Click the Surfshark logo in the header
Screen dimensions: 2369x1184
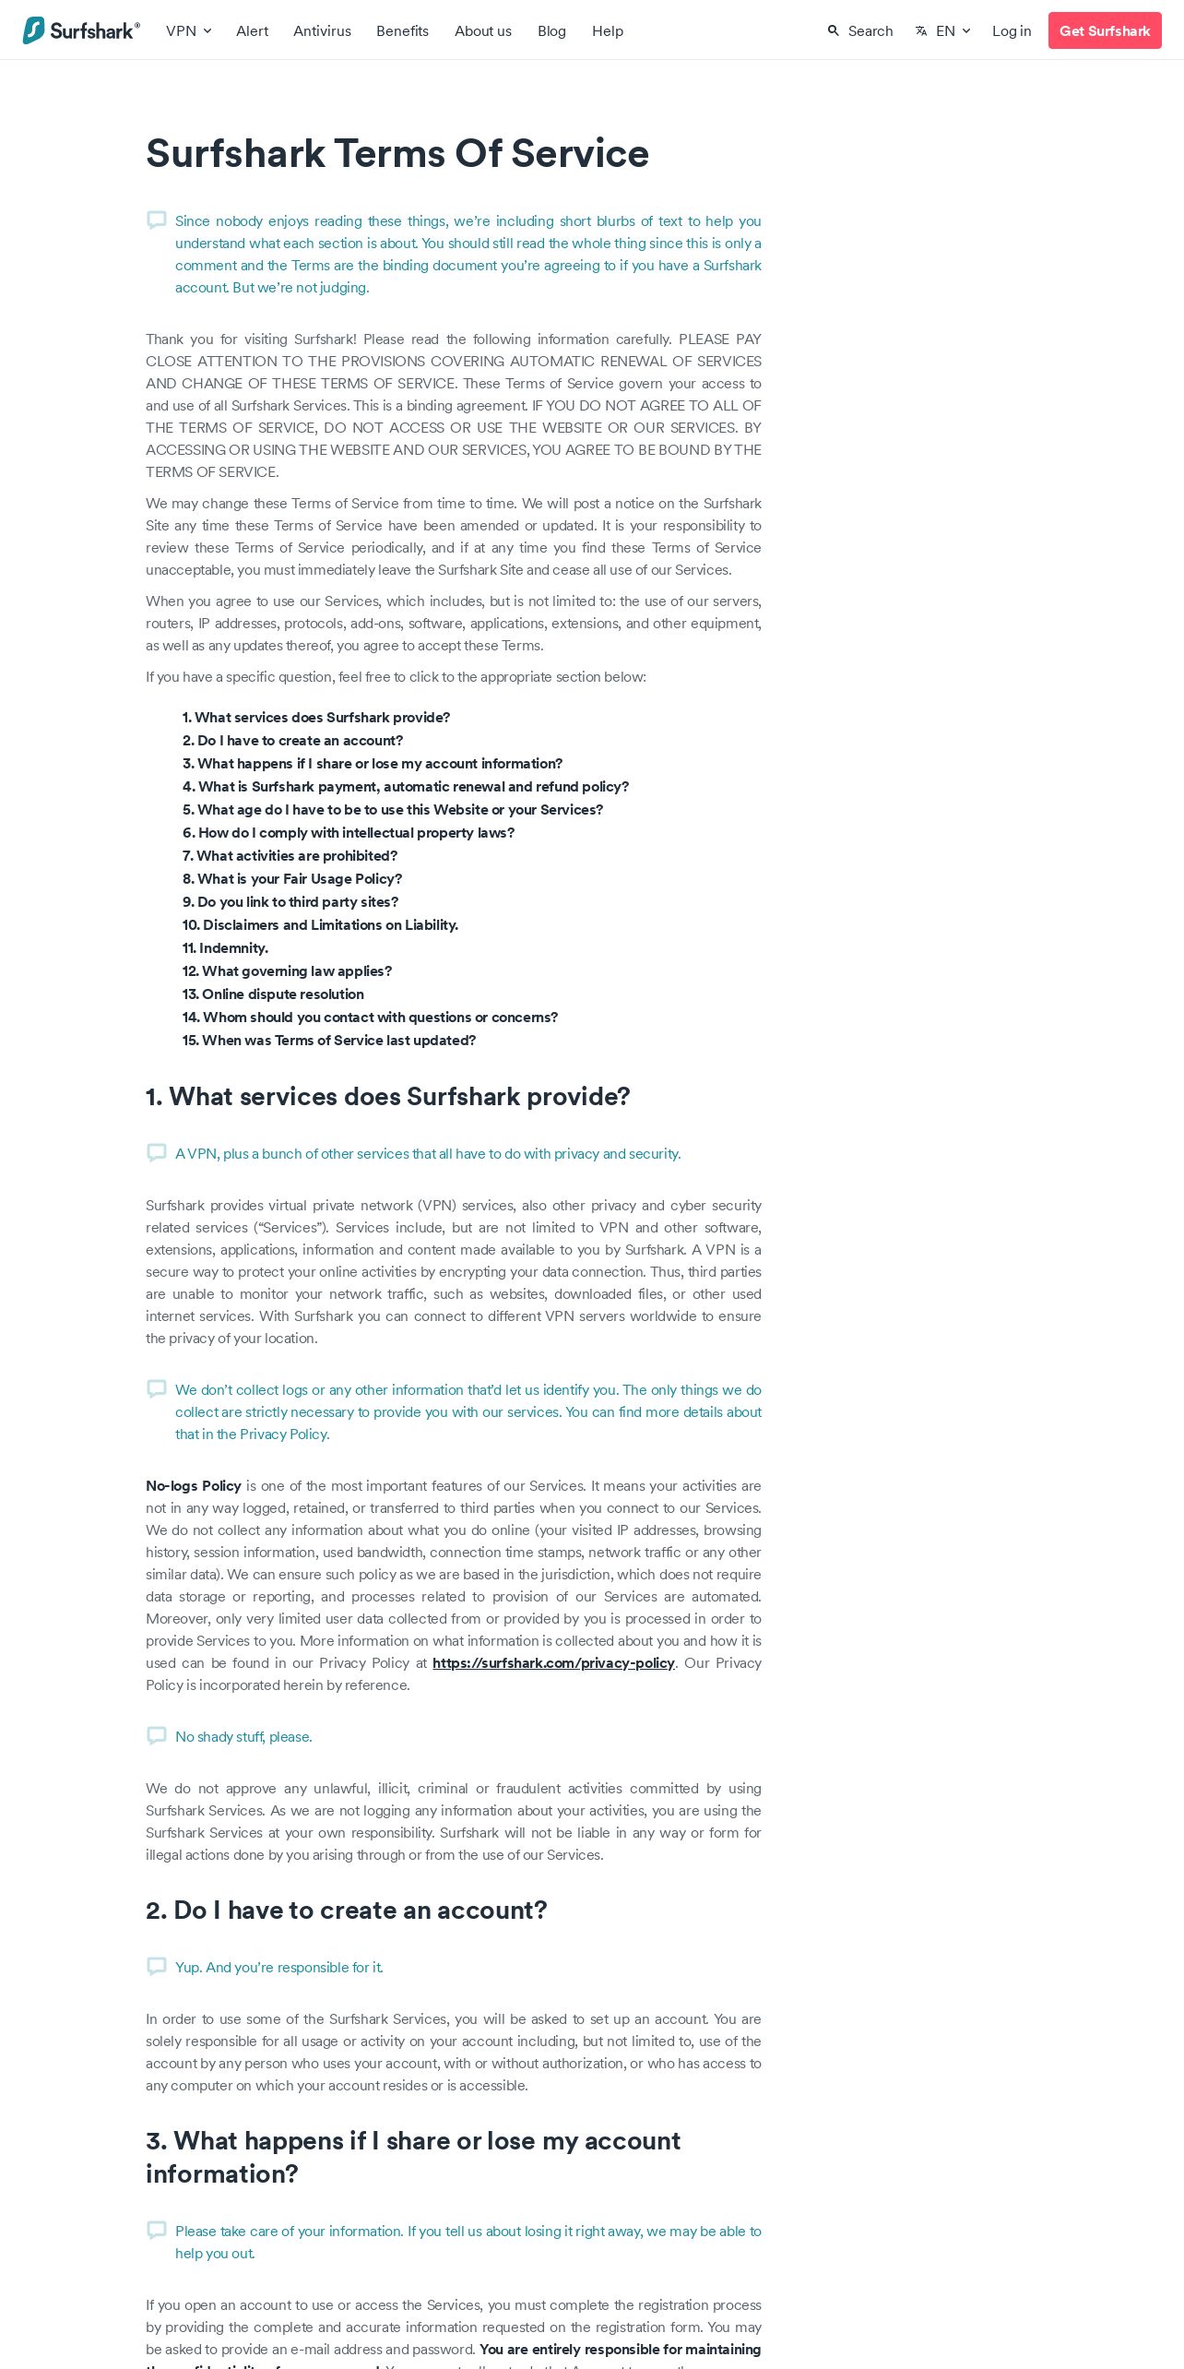pos(81,30)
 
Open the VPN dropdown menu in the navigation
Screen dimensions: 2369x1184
pos(188,30)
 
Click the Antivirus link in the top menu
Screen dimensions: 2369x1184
pos(322,30)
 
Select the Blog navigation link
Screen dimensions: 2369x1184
pos(551,30)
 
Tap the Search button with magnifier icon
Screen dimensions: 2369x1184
pos(860,30)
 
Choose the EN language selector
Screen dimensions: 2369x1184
pos(943,30)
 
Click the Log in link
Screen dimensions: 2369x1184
pos(1012,30)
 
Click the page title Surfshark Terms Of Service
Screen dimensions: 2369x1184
pos(397,153)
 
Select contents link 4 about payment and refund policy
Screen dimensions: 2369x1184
pos(406,787)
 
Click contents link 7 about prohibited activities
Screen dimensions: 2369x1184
pos(290,856)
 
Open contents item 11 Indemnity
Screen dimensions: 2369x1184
pos(225,948)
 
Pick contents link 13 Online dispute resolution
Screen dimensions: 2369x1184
pos(273,994)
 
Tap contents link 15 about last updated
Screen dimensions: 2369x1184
pos(329,1041)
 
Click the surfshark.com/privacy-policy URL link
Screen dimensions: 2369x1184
pos(553,1663)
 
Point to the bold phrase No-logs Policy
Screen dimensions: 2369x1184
pos(194,1486)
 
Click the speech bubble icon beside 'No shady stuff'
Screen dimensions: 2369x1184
pos(157,1736)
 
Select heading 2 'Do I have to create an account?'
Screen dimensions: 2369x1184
pos(347,1910)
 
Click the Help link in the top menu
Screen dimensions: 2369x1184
pos(608,30)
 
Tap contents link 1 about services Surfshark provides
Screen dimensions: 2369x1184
pos(316,718)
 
